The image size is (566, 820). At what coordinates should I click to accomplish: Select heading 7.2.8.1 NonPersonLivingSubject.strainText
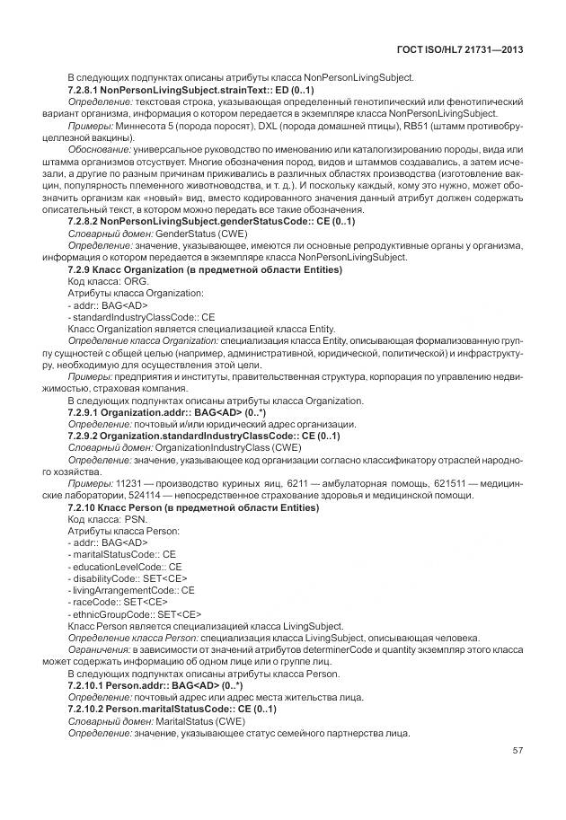pyautogui.click(x=190, y=91)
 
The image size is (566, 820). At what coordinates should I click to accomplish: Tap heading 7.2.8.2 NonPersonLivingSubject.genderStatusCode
pyautogui.click(x=211, y=220)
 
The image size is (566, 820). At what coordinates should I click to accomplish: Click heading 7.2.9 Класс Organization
pyautogui.click(x=205, y=269)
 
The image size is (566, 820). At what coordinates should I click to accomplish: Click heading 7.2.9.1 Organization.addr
pyautogui.click(x=168, y=412)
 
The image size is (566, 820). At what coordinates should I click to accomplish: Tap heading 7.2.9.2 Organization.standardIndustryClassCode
pyautogui.click(x=204, y=436)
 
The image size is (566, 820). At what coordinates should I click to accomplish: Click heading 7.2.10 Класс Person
pyautogui.click(x=192, y=507)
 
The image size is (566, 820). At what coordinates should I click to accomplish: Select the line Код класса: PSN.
pyautogui.click(x=102, y=519)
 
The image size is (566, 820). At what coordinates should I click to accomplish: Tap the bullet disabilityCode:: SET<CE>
pyautogui.click(x=123, y=578)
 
